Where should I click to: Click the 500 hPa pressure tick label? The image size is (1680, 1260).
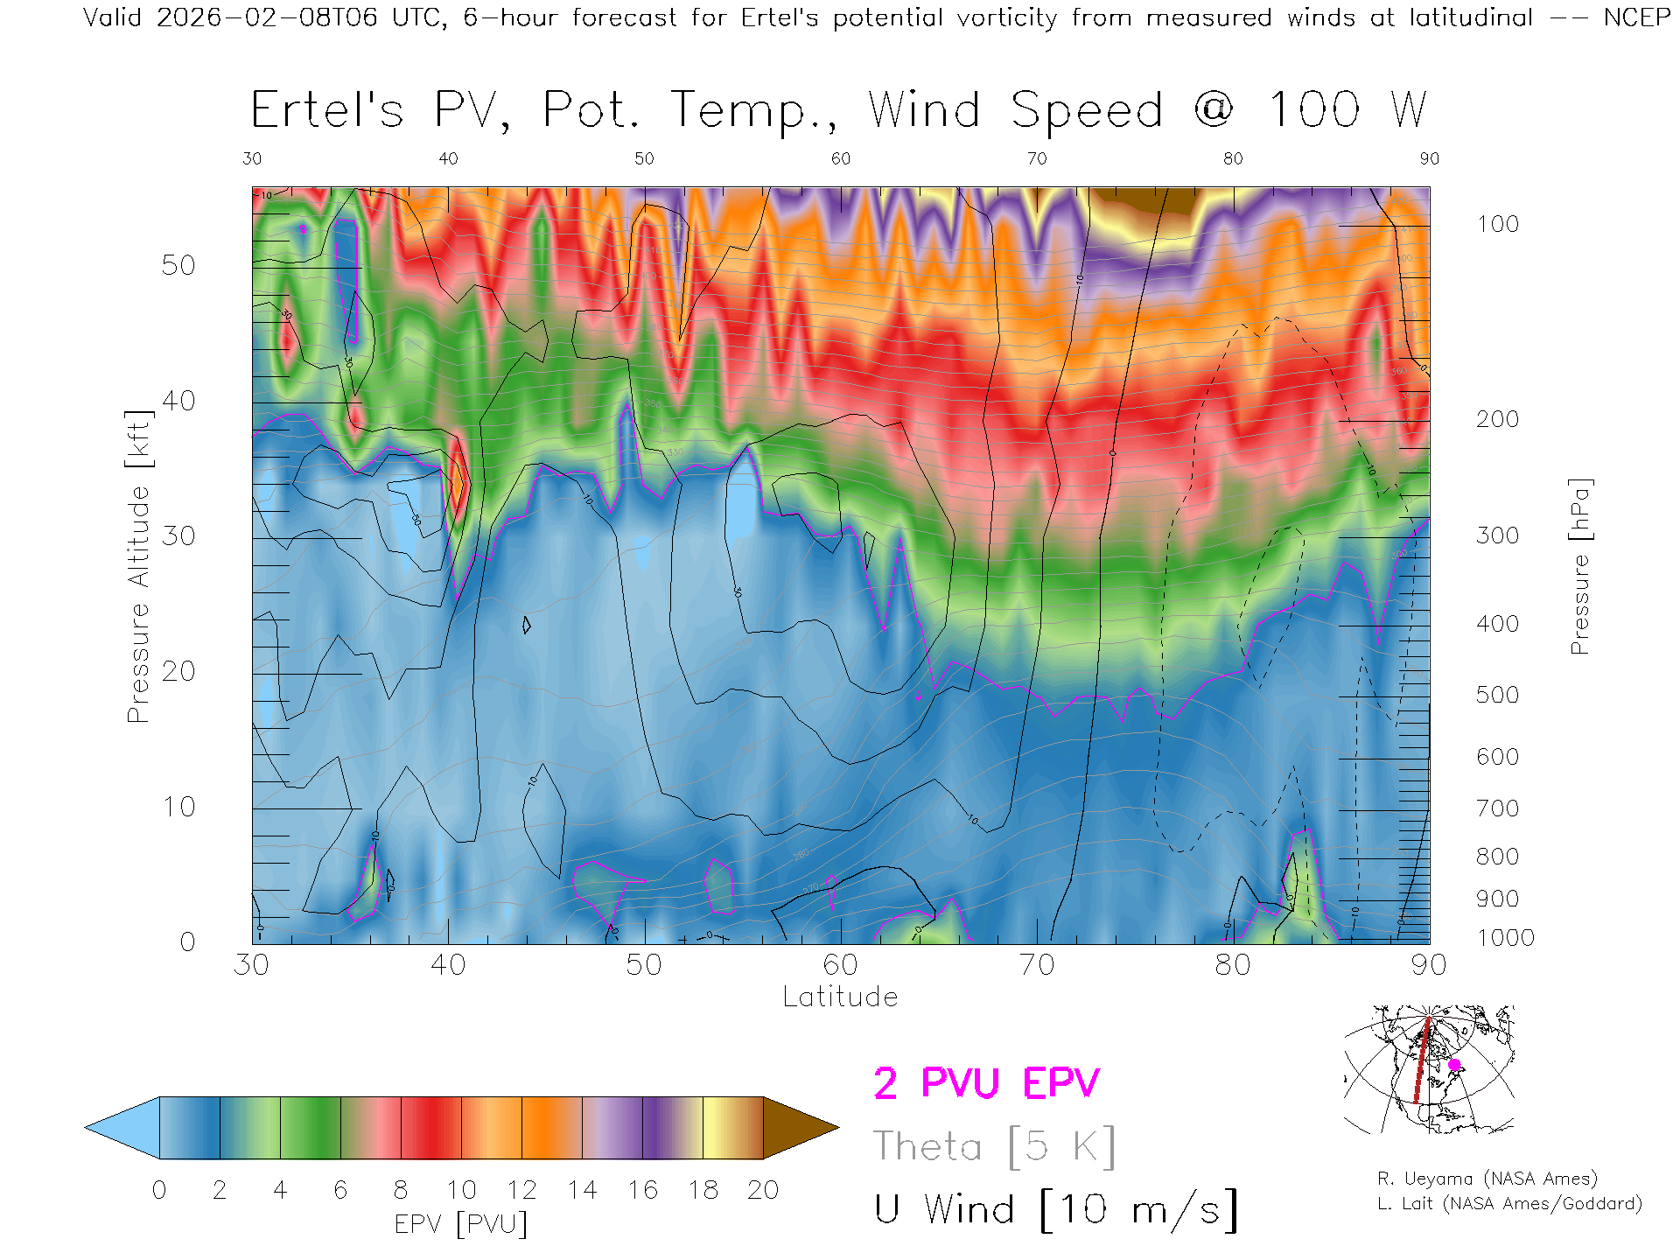1497,695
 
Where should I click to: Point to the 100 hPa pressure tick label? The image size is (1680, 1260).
1497,224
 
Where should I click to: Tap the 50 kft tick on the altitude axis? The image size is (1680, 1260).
178,265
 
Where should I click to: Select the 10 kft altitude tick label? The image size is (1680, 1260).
178,807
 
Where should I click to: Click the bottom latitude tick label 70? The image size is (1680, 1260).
1037,965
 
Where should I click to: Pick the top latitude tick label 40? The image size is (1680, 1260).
448,158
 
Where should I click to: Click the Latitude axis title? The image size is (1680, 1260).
840,997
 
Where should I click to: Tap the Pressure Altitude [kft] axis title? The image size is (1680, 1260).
138,567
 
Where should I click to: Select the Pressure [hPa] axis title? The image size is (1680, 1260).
1579,567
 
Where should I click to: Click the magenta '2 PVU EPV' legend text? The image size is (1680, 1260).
986,1083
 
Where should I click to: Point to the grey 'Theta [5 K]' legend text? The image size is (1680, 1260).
994,1146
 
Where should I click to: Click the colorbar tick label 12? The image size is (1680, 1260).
521,1190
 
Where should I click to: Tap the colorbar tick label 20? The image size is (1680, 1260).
763,1190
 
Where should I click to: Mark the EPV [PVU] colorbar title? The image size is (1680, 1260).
461,1224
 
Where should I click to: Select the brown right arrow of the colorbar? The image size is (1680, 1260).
798,1128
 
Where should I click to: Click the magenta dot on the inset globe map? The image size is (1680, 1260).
1454,1065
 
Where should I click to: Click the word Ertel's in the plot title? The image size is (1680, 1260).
327,111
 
